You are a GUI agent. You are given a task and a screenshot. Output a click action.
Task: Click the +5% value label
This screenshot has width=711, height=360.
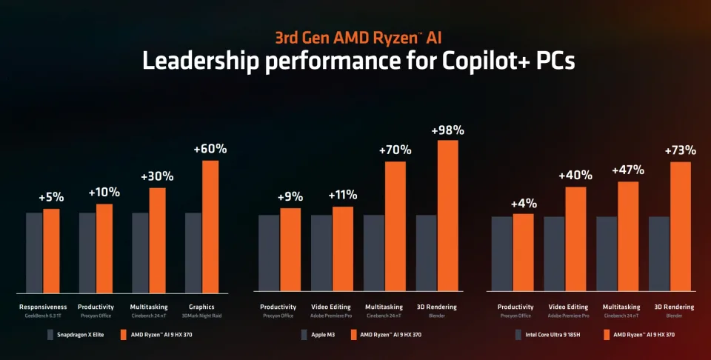point(52,199)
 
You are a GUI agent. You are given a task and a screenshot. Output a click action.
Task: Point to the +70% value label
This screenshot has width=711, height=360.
point(395,150)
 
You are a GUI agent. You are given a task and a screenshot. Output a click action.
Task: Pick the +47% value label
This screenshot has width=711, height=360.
point(628,170)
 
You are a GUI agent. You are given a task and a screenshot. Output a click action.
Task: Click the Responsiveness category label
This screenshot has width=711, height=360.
point(44,307)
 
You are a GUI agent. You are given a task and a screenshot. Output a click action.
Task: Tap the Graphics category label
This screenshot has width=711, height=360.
point(202,307)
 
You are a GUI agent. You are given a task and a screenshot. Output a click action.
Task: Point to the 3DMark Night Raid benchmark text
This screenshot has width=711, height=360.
point(202,316)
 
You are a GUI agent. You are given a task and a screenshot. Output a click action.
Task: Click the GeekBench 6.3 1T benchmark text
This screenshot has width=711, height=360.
point(44,316)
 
